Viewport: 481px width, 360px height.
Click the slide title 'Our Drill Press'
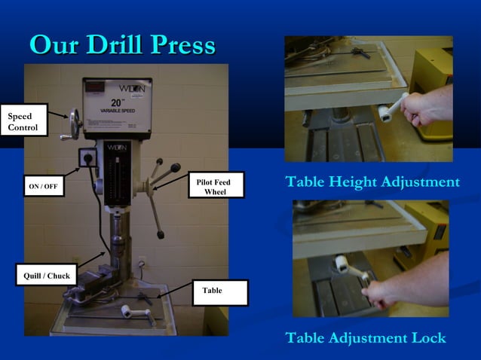pyautogui.click(x=122, y=45)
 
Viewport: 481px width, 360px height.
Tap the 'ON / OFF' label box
pyautogui.click(x=43, y=186)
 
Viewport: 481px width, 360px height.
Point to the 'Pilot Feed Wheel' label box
pyautogui.click(x=216, y=187)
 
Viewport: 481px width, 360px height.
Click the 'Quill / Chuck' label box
pyautogui.click(x=46, y=276)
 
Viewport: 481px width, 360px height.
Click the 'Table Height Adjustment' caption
pyautogui.click(x=372, y=182)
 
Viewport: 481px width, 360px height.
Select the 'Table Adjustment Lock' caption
pyautogui.click(x=366, y=338)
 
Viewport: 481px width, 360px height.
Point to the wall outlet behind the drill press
pyautogui.click(x=141, y=262)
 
